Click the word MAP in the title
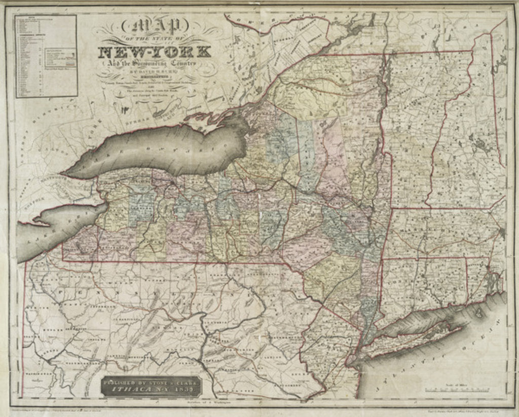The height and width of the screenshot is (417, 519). pyautogui.click(x=154, y=25)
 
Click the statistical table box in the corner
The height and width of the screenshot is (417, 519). pyautogui.click(x=46, y=56)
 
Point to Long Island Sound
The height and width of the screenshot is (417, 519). pyautogui.click(x=421, y=319)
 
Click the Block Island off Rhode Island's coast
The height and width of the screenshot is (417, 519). pyautogui.click(x=479, y=313)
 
